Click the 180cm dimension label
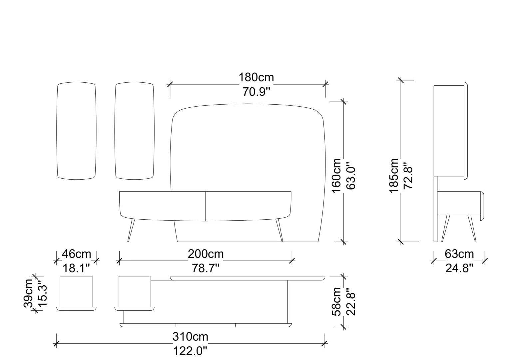point(256,78)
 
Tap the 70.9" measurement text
point(256,92)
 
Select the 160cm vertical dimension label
point(336,176)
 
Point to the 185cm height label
point(394,176)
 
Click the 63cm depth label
point(459,254)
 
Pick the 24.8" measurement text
point(459,268)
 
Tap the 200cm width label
point(206,254)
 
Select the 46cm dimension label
point(77,254)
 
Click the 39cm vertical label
point(28,293)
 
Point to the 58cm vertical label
point(336,302)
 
